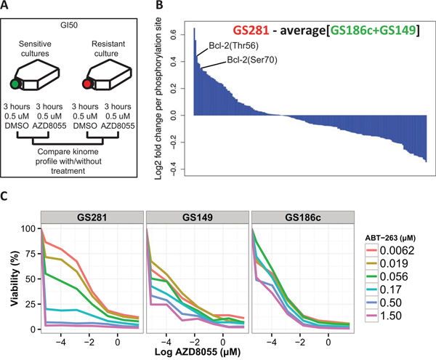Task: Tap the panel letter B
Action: (x=174, y=7)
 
